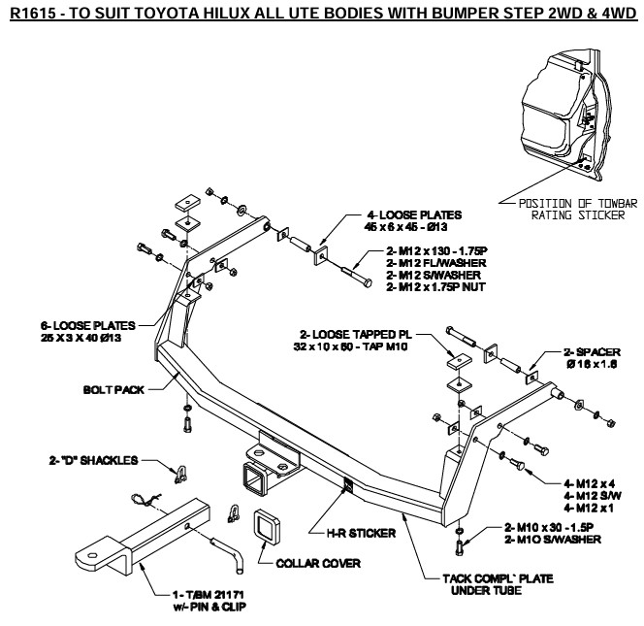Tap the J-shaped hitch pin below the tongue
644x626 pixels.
[232, 554]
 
